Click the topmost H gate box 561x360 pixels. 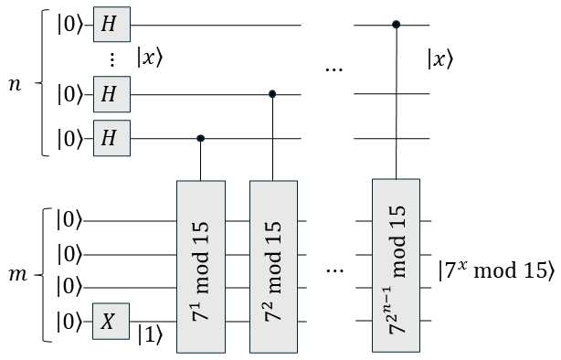109,25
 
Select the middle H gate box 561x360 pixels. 109,93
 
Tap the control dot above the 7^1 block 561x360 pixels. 200,138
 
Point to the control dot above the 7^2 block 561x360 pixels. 273,93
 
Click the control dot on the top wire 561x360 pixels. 396,25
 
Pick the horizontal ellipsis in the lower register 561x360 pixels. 334,271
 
